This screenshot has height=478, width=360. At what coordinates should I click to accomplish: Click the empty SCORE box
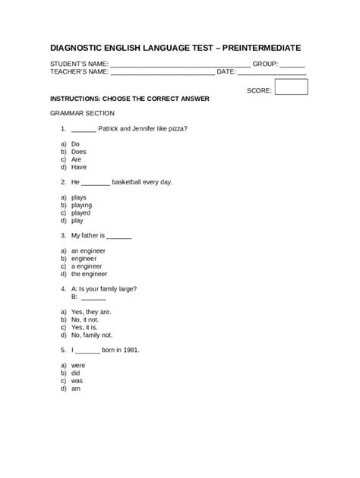coord(292,88)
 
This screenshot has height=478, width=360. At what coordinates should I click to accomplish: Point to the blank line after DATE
coord(272,73)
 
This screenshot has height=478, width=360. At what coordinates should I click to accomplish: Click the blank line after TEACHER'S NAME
coord(163,73)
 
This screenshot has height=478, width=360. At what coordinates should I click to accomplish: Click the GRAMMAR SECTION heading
coord(81,112)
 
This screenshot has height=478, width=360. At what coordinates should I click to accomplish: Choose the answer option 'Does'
coord(79,151)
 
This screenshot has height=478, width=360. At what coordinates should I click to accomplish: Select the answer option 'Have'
coord(79,166)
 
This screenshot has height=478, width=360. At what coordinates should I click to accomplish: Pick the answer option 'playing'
coord(81,205)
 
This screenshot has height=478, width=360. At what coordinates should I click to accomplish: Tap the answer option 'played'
coord(81,212)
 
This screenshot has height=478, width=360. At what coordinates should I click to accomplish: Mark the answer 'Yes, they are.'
coord(91,312)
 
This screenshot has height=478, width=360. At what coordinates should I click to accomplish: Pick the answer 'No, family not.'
coord(92,335)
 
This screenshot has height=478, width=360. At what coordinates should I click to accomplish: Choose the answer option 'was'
coord(77,381)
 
